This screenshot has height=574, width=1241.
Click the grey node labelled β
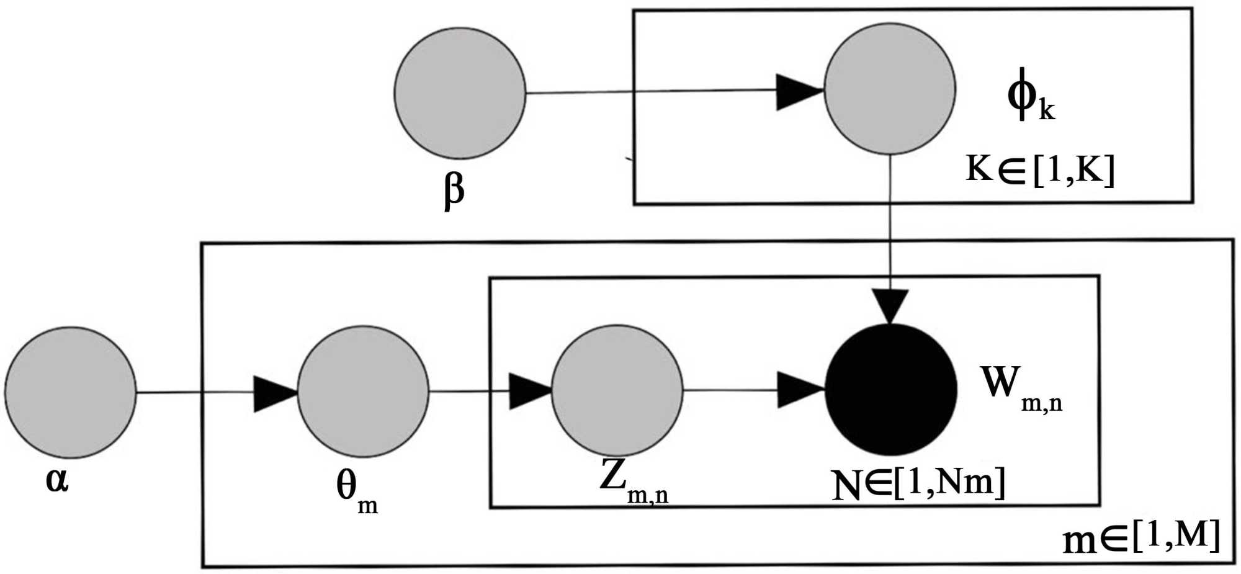(460, 93)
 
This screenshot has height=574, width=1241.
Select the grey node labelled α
(70, 392)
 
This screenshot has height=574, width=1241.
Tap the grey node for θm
(363, 392)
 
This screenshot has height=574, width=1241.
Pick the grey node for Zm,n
(617, 390)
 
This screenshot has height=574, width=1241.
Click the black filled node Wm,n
(891, 390)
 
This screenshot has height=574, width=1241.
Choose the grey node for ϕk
(890, 89)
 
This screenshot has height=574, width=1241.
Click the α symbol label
(57, 480)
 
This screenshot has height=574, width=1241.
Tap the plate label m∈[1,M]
(1142, 537)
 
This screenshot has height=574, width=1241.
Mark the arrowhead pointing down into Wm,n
(890, 305)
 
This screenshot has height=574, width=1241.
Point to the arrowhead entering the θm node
(274, 393)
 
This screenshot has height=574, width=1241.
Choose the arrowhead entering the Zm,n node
(529, 392)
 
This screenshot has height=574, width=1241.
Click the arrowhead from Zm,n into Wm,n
(799, 390)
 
